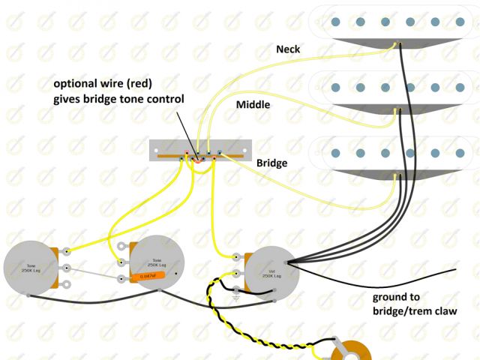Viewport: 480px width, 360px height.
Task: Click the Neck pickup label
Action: click(x=288, y=49)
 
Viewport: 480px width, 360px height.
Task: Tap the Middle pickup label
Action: click(x=253, y=104)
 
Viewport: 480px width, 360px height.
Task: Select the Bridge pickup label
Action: click(x=271, y=162)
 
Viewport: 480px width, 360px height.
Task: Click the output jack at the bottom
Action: click(x=349, y=351)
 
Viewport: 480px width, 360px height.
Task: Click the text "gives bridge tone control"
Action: click(x=118, y=98)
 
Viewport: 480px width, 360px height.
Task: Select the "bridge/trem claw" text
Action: click(x=415, y=310)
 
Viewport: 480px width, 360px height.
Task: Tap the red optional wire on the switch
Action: click(x=197, y=158)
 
